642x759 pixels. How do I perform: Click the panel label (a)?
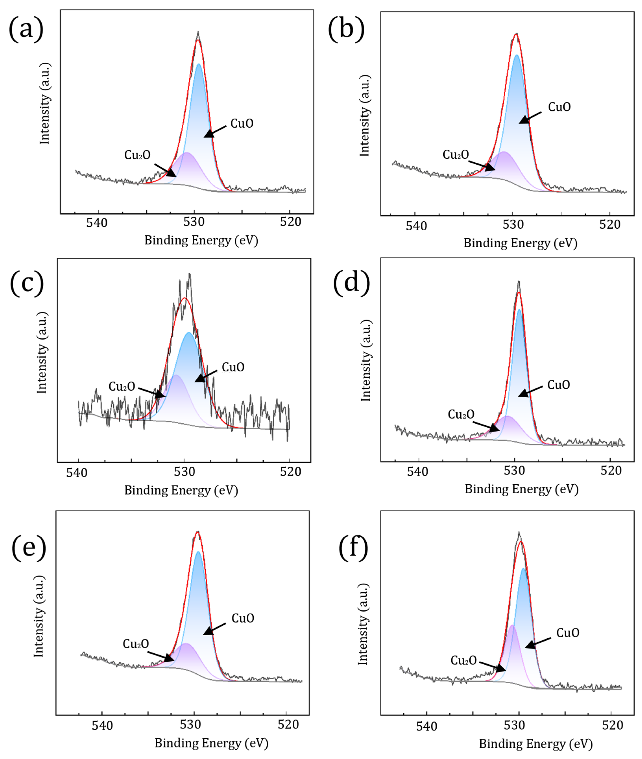26,29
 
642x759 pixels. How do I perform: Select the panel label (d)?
351,282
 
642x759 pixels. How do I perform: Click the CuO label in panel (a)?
242,124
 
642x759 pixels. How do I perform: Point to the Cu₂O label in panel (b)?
456,155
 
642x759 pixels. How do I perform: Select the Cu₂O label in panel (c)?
121,387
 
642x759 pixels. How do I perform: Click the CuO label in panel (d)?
558,385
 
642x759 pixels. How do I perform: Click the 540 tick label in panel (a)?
97,223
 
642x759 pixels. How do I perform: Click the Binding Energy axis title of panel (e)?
211,743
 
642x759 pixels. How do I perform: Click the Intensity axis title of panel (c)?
42,353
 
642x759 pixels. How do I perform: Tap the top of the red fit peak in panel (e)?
198,532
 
